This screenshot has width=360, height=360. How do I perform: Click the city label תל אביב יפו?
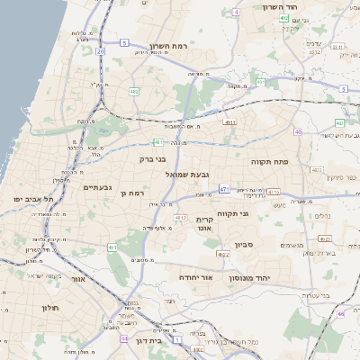[33, 198]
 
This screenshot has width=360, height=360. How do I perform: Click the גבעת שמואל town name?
[187, 174]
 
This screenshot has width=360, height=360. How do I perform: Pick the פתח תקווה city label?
[268, 161]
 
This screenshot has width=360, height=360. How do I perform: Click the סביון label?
[245, 244]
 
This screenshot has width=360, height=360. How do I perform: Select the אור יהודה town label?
[195, 277]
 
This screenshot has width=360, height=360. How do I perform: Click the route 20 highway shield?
[101, 52]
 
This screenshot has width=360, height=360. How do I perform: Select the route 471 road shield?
[224, 190]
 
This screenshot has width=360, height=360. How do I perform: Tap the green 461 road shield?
[112, 247]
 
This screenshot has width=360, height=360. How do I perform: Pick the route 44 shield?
[123, 338]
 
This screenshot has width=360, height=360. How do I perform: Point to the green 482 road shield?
[134, 91]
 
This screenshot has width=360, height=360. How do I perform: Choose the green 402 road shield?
[283, 17]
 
